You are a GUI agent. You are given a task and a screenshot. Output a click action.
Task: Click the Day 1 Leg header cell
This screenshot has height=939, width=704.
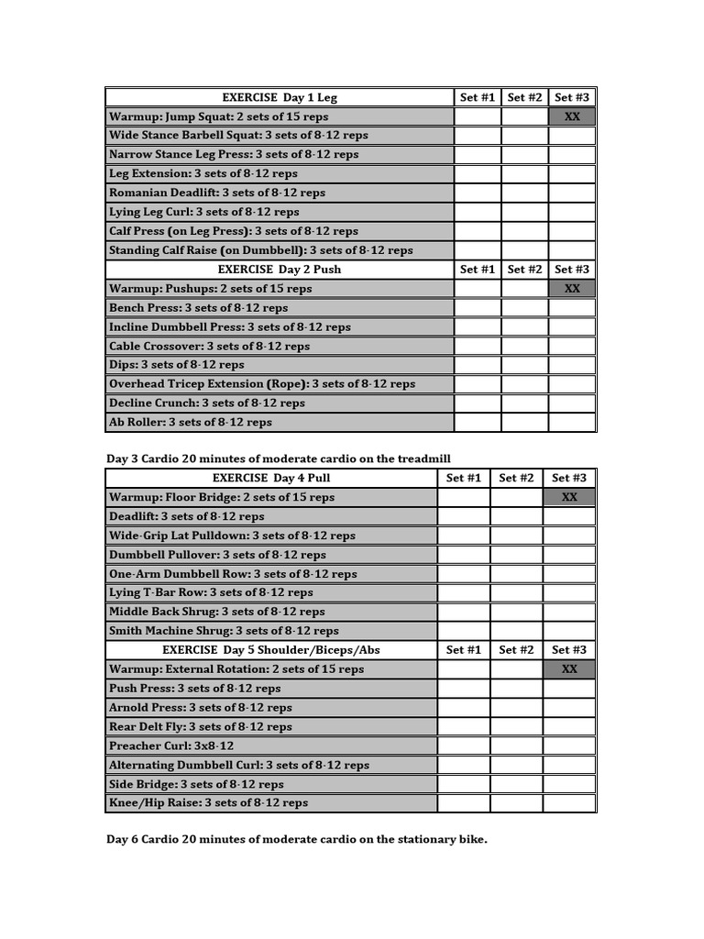[x=280, y=97]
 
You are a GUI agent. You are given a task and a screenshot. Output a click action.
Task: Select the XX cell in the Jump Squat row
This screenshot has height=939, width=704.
[x=572, y=116]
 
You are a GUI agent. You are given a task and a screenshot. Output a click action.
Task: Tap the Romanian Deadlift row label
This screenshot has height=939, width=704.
[x=217, y=193]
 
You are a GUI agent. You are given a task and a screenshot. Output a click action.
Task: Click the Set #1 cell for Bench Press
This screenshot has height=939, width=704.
[x=478, y=308]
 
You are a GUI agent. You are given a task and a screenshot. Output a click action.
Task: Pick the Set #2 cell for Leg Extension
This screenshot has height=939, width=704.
[x=525, y=173]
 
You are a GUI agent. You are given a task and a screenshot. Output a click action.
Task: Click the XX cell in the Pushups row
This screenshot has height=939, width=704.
[x=572, y=289]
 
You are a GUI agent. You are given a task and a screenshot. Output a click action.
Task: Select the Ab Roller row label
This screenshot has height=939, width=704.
[x=191, y=423]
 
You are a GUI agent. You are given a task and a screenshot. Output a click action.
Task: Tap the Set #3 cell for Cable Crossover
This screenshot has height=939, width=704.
[x=572, y=347]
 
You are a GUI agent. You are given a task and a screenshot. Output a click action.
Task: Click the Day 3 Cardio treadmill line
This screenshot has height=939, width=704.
[x=279, y=458]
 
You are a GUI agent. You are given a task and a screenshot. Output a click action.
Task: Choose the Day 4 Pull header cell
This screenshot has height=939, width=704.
[x=271, y=478]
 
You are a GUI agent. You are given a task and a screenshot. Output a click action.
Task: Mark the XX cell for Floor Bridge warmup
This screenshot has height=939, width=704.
[x=569, y=497]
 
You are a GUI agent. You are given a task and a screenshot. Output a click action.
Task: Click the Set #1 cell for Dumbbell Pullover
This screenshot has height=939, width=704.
[x=464, y=555]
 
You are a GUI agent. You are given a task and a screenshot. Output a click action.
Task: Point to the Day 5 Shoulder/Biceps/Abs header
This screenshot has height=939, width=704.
[x=271, y=650]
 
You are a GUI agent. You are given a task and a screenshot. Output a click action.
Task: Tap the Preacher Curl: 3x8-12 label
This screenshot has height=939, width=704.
[x=171, y=746]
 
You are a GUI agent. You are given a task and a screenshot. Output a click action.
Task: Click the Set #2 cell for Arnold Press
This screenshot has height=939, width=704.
[x=516, y=708]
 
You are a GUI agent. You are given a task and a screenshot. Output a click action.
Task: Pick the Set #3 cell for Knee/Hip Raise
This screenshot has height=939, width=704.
[x=569, y=803]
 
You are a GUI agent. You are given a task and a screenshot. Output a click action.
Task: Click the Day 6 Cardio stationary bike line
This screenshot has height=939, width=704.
[x=297, y=839]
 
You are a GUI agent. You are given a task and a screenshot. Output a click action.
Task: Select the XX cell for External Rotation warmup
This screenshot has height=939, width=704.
[x=569, y=669]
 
